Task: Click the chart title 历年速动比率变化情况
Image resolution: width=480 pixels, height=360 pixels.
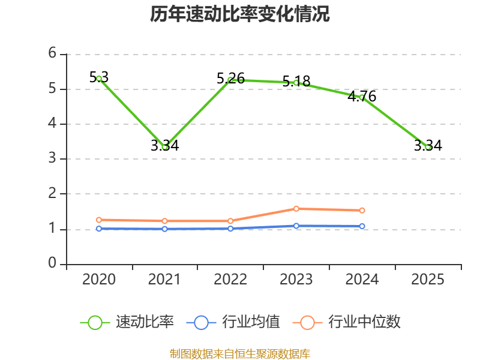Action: click(x=240, y=14)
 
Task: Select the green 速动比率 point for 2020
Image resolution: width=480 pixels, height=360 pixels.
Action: click(x=99, y=79)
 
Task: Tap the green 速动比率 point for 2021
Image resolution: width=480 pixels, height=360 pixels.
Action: click(x=165, y=147)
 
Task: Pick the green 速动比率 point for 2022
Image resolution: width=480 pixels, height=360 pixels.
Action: click(x=230, y=80)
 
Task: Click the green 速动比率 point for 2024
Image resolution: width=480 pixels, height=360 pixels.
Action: click(x=362, y=97)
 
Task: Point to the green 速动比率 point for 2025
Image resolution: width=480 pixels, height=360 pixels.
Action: click(x=428, y=147)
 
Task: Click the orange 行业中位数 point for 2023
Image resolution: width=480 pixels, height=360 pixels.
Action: click(x=296, y=209)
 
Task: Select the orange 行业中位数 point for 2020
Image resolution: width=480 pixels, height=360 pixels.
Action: click(x=99, y=220)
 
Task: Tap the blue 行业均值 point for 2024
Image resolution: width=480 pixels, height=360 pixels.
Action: click(x=362, y=226)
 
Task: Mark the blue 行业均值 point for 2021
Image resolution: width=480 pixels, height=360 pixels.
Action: click(x=165, y=229)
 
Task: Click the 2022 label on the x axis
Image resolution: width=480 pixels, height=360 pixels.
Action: click(x=230, y=280)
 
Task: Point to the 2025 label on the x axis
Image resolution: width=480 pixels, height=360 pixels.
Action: click(x=428, y=280)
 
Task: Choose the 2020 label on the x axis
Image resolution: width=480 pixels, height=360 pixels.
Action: click(x=99, y=280)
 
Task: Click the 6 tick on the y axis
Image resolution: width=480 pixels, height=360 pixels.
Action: click(x=52, y=53)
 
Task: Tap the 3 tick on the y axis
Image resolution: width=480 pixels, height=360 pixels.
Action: click(x=52, y=158)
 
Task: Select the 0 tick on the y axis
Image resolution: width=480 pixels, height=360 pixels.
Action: click(x=52, y=263)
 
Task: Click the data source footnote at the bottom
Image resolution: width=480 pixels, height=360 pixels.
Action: click(x=240, y=353)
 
